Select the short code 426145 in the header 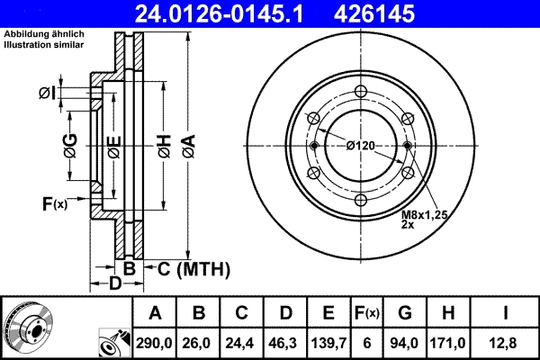click(415, 15)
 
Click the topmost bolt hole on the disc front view click(360, 91)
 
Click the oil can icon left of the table click(112, 343)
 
